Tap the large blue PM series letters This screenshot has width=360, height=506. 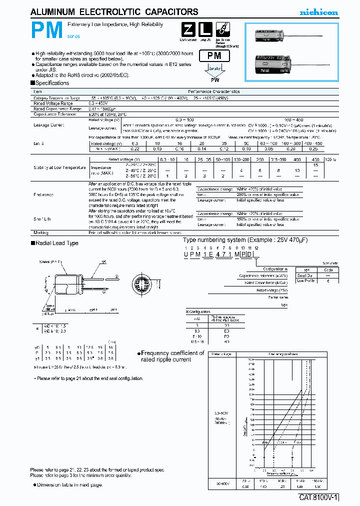tap(47, 31)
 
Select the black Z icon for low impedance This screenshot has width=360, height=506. tap(186, 29)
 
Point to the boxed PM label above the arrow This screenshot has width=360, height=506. tap(218, 56)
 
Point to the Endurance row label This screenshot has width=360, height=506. tap(43, 194)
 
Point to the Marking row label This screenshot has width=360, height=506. tap(41, 233)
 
